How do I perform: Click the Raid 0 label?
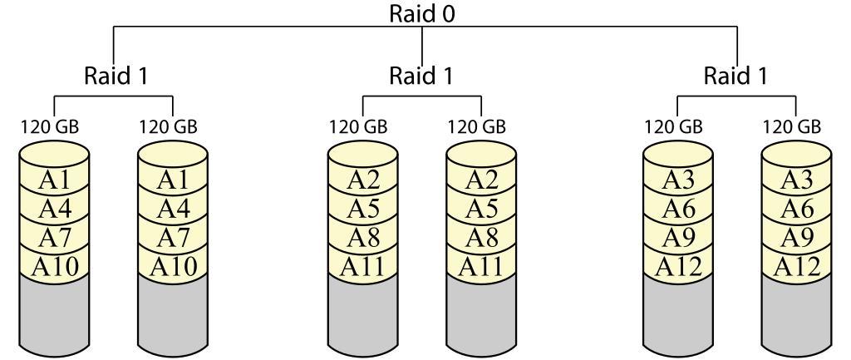pyautogui.click(x=424, y=14)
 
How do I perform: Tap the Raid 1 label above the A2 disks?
pyautogui.click(x=422, y=76)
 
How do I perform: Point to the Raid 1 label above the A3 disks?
pyautogui.click(x=736, y=76)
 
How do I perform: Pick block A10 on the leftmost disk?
pyautogui.click(x=53, y=266)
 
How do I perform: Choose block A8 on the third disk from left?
pyautogui.click(x=362, y=238)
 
